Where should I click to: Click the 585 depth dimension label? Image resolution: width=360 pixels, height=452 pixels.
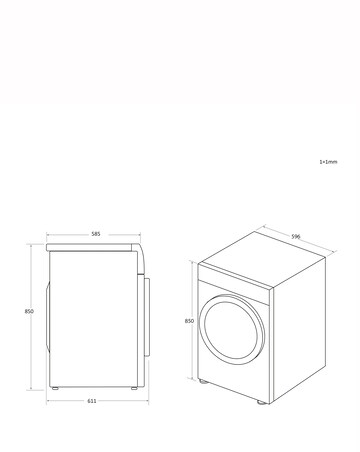click(x=95, y=234)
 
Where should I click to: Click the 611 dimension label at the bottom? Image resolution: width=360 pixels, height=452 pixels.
click(x=92, y=400)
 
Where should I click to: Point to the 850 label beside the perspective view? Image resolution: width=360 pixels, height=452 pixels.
click(x=189, y=321)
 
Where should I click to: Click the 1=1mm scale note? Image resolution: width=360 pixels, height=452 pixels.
click(x=328, y=161)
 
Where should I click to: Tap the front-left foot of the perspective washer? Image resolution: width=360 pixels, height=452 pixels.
click(x=206, y=382)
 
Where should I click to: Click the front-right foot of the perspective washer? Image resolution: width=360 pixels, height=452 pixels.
click(x=262, y=404)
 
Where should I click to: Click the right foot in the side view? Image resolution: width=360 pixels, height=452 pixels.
click(x=133, y=387)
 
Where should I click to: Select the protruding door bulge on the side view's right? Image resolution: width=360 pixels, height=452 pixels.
click(x=152, y=315)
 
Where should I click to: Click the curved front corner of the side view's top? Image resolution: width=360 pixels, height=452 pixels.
click(x=142, y=252)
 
